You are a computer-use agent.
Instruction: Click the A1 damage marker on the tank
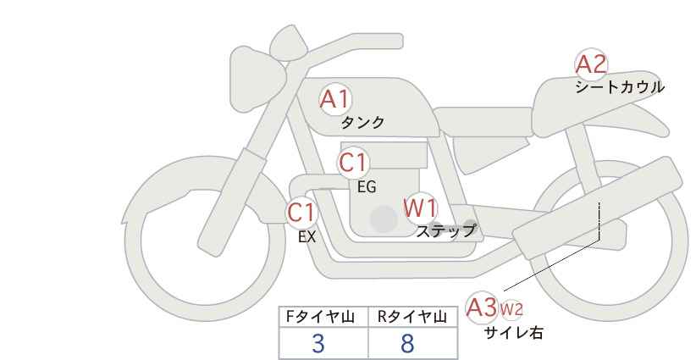pos(335,99)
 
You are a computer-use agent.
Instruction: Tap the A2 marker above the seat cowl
pos(591,64)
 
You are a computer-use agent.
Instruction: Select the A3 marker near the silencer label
pos(482,307)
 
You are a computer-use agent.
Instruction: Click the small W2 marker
pos(511,310)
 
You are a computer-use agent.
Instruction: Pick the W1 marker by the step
pos(420,208)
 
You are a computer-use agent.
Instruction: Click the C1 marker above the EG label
pos(353,163)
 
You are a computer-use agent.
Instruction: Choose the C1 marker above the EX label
pos(301,212)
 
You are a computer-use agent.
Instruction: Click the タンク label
pos(362,122)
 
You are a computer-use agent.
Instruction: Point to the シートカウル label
pos(620,87)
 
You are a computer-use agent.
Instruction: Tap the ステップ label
pos(446,231)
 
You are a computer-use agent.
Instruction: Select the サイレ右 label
pos(514,333)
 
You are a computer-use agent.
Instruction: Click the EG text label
pos(367,187)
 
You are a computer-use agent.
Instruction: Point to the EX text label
pos(307,237)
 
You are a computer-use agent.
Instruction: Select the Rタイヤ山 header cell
pos(413,317)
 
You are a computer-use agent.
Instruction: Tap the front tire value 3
pos(318,343)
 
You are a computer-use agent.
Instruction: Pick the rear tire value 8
pos(407,343)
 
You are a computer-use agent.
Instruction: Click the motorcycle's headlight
pos(257,79)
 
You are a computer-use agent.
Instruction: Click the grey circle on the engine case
pos(384,219)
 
